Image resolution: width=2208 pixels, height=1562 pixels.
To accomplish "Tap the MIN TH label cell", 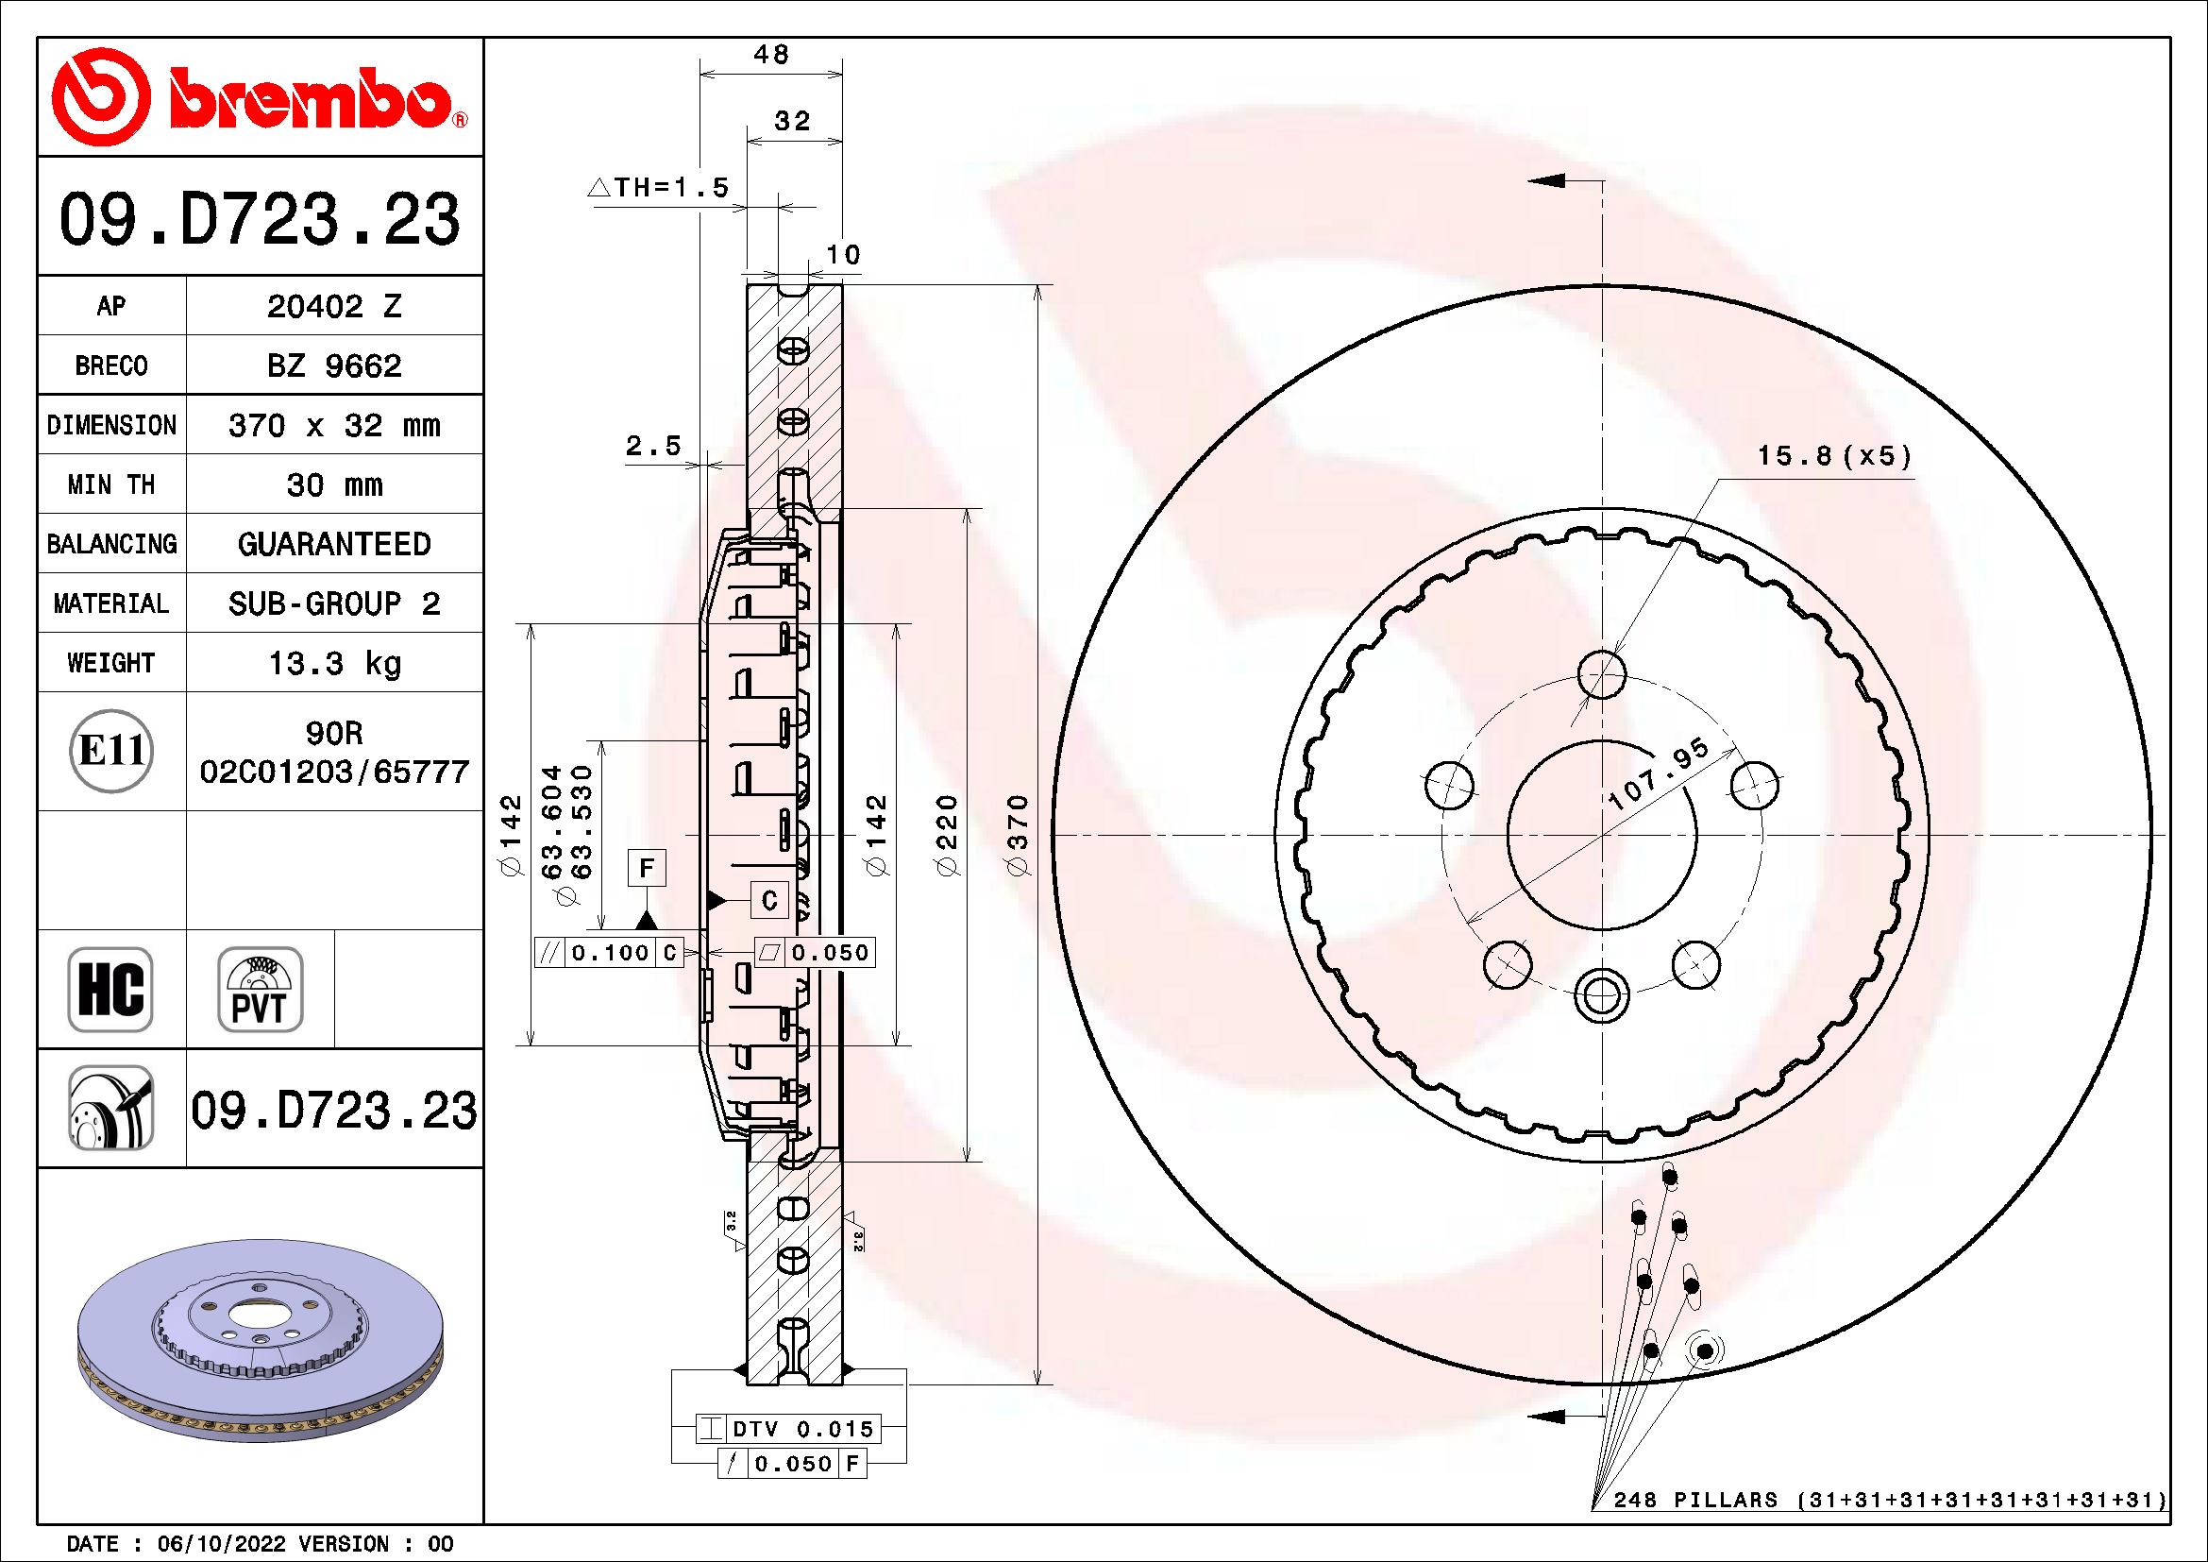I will tap(111, 484).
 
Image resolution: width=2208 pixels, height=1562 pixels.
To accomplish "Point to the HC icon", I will tap(110, 990).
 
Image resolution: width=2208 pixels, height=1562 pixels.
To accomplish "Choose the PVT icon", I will tap(260, 990).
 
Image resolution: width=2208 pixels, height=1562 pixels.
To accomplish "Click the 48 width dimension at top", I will tap(771, 55).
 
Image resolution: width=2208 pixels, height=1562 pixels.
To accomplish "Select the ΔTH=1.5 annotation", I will tap(660, 188).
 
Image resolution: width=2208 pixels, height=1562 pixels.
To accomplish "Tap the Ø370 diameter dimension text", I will tap(1019, 834).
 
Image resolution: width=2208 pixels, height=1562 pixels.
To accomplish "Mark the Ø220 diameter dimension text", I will tap(947, 834).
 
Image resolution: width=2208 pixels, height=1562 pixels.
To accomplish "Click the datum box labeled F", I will tap(647, 869).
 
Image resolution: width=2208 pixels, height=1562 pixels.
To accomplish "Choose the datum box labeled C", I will tap(769, 900).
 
